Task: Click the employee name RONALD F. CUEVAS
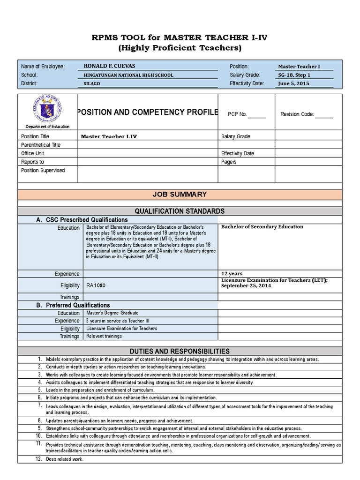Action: [109, 66]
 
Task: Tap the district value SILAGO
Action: [91, 83]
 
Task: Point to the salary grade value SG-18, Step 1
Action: [294, 75]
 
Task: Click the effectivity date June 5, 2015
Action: [294, 83]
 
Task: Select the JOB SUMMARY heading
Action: [180, 195]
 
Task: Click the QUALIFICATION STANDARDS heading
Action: [180, 211]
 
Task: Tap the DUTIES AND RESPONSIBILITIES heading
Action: [180, 351]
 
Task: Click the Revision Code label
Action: [297, 114]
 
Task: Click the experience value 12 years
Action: [232, 273]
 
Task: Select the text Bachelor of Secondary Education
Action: [262, 227]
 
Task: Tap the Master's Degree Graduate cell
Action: [112, 313]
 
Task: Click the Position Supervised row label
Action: [43, 170]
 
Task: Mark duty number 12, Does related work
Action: [64, 459]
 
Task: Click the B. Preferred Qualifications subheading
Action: [73, 305]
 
